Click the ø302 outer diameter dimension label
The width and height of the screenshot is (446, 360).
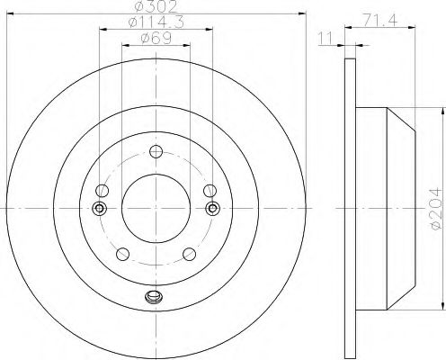point(156,6)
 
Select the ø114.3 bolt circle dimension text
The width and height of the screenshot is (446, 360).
point(156,22)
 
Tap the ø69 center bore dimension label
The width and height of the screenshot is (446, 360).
point(156,39)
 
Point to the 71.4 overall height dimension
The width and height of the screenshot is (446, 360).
point(380,21)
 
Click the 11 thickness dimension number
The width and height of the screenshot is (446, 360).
point(326,39)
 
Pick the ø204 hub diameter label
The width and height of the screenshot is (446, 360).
point(435,209)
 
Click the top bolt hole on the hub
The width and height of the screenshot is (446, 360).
point(156,151)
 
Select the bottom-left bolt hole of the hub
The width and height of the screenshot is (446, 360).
point(122,255)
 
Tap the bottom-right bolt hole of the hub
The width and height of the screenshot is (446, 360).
point(190,255)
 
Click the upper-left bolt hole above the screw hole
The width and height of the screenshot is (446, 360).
point(103,191)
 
